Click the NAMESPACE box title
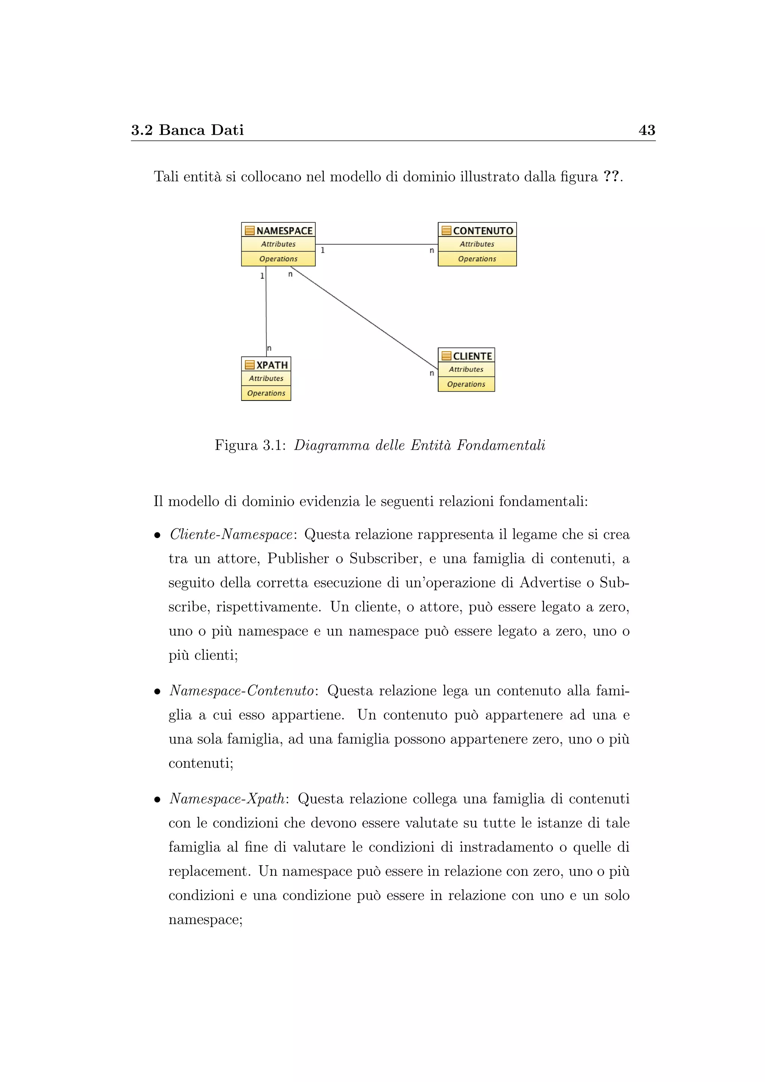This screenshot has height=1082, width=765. [284, 231]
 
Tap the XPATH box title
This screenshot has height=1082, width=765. [272, 365]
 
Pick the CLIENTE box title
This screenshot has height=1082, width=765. [472, 356]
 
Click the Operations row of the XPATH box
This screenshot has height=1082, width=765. [266, 393]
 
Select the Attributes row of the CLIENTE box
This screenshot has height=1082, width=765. [466, 370]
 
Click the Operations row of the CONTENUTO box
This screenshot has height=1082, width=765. [477, 259]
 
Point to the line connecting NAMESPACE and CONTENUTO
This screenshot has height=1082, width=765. [377, 244]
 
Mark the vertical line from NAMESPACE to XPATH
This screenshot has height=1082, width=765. [266, 311]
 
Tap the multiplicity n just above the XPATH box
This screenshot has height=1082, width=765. [269, 348]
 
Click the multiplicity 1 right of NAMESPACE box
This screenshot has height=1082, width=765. [323, 250]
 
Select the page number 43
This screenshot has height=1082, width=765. [646, 130]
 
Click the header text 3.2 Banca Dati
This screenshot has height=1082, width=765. [188, 130]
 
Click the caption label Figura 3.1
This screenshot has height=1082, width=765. [250, 445]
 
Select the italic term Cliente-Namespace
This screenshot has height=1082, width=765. [231, 534]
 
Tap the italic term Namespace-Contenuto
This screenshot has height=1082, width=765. [242, 691]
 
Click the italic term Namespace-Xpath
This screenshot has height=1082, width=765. [227, 799]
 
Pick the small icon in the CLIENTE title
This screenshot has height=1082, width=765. [446, 356]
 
